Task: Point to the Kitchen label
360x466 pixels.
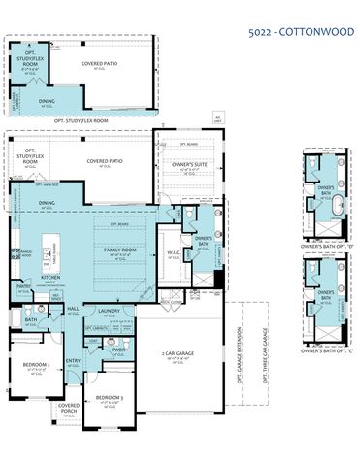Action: tap(51, 277)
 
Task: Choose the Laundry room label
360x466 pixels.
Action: tap(108, 311)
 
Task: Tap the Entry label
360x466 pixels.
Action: tap(73, 361)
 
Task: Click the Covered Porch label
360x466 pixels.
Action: tap(68, 408)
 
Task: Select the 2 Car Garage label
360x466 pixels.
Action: tap(178, 352)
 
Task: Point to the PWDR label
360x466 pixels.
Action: tap(118, 349)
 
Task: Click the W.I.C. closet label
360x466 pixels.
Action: tap(172, 254)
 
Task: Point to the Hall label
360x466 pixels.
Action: tap(73, 310)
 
